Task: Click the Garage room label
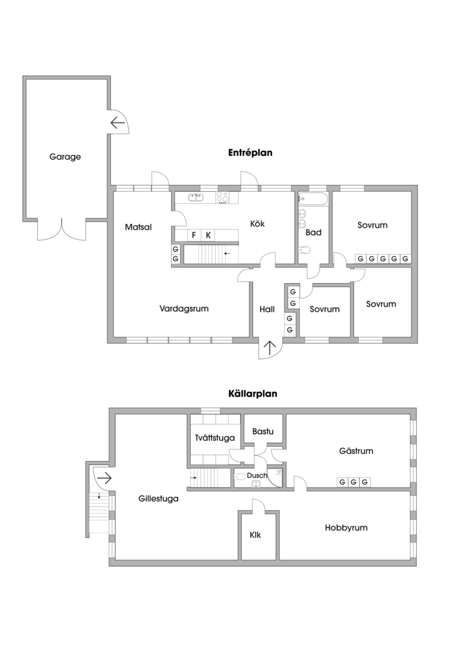pos(65,157)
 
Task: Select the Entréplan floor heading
pos(251,153)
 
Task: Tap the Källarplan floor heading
pos(252,393)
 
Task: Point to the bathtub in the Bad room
pos(313,199)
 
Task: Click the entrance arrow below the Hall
pos(271,348)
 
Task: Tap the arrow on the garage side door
pos(117,122)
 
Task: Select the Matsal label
pos(138,227)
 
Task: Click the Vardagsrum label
pos(184,308)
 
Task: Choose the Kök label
pos(257,223)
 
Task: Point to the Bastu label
pos(263,432)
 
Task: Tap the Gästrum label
pos(356,451)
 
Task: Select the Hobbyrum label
pos(346,527)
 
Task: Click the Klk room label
pos(255,535)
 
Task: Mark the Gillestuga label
pos(158,498)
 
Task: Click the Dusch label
pos(257,475)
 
